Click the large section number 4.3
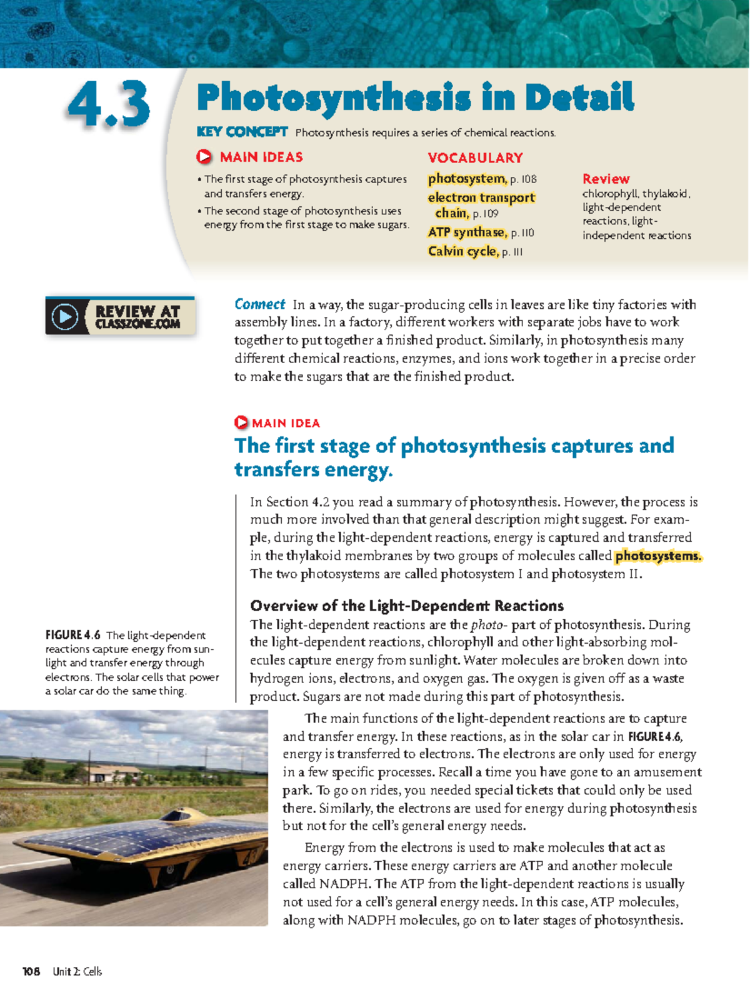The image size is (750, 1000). [109, 105]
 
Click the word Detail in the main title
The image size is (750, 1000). [579, 99]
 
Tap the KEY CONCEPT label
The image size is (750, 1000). [242, 132]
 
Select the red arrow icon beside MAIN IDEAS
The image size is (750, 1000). [204, 157]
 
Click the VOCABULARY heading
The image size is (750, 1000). [475, 157]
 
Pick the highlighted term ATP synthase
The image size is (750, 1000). [467, 232]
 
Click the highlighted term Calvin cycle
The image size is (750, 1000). [462, 251]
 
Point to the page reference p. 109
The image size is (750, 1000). [486, 214]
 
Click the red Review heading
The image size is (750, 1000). [606, 179]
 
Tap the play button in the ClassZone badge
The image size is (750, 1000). [65, 317]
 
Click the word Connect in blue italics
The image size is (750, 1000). [259, 304]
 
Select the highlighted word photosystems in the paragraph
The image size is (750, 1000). [657, 556]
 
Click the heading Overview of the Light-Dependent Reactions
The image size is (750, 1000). [407, 606]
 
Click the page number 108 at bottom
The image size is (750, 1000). [31, 971]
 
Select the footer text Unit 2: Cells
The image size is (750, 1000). [77, 971]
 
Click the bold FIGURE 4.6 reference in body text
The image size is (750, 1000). [654, 736]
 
